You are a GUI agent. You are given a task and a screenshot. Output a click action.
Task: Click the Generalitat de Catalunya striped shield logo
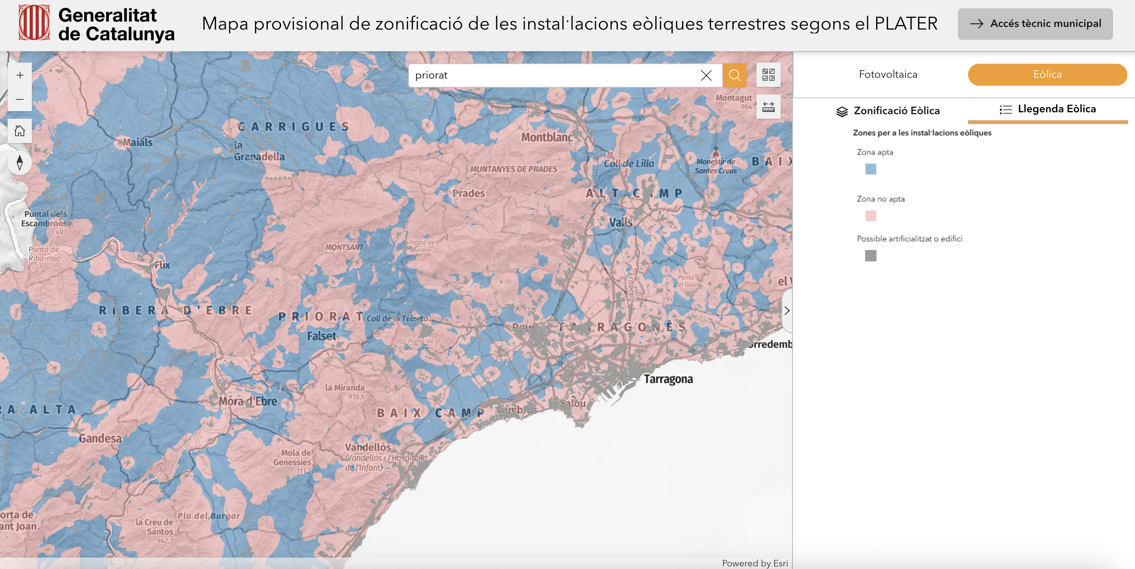click(x=34, y=23)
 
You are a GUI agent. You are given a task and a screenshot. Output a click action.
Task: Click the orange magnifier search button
click(x=734, y=75)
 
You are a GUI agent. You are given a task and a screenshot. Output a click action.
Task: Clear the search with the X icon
click(x=706, y=75)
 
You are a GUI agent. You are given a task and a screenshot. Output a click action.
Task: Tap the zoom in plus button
click(x=20, y=75)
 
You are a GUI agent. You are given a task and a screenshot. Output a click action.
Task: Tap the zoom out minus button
click(x=20, y=99)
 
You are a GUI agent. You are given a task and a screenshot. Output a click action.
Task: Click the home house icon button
click(x=20, y=131)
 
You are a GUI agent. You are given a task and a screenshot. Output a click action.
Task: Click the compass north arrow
click(x=20, y=163)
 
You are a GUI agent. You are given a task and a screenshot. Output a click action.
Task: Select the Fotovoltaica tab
click(x=888, y=74)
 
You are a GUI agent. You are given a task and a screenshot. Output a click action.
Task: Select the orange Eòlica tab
click(x=1047, y=74)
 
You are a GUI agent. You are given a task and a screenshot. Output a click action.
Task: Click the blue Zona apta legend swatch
click(x=870, y=169)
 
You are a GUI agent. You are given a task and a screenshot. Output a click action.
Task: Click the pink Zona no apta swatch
click(x=870, y=216)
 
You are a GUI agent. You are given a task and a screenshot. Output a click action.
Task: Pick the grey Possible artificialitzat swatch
click(x=870, y=256)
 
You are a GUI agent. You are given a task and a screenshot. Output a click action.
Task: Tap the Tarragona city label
click(x=668, y=379)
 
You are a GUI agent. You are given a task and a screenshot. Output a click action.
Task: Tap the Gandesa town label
click(x=100, y=439)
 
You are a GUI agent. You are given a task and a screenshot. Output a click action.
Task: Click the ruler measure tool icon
click(x=768, y=107)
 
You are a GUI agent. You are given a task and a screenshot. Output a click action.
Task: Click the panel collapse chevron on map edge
click(x=787, y=311)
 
